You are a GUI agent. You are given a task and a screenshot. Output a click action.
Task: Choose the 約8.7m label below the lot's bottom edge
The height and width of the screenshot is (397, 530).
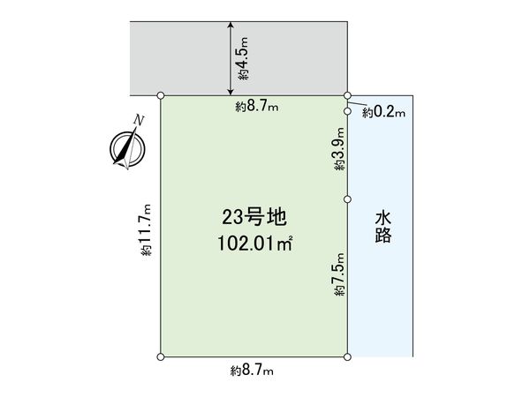point(253,371)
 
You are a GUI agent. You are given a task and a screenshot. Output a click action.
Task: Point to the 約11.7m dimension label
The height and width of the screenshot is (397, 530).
point(147,231)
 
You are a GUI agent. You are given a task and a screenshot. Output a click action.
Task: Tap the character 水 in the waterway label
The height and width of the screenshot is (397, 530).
point(382,215)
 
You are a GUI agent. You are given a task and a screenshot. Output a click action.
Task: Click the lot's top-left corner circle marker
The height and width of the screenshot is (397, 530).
point(160,94)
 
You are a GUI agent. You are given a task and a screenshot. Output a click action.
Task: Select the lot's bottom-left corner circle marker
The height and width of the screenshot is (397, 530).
point(160,356)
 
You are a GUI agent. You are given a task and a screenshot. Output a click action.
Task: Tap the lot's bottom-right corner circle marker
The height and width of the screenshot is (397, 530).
point(347,356)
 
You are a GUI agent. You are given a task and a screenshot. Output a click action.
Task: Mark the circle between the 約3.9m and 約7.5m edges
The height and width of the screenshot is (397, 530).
point(347,199)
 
